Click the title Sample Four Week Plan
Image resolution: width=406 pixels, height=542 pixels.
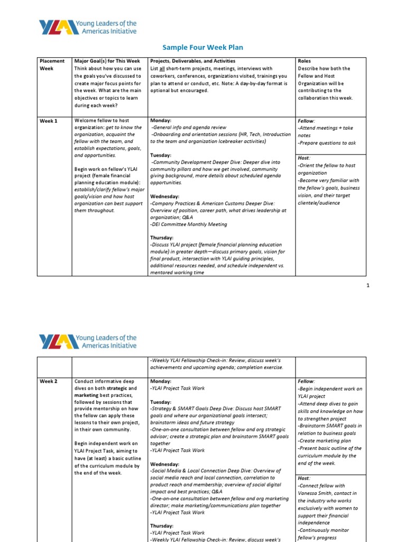[x=203, y=47]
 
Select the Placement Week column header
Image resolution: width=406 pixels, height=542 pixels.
[x=52, y=65]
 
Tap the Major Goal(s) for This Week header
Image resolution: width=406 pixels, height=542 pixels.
[x=107, y=61]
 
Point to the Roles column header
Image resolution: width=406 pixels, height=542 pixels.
[x=304, y=61]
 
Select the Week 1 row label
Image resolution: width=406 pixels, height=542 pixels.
[x=49, y=121]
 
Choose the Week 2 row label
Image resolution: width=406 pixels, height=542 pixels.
[x=49, y=381]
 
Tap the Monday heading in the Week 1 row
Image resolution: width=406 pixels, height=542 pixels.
[x=161, y=121]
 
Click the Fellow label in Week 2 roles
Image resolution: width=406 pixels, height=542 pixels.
[x=306, y=381]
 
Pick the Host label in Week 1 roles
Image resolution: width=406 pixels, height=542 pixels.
[x=304, y=158]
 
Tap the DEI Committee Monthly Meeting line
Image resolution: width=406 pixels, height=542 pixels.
[x=189, y=224]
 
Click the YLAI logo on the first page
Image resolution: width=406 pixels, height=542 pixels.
[x=88, y=28]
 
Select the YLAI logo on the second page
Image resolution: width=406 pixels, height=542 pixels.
[x=88, y=341]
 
